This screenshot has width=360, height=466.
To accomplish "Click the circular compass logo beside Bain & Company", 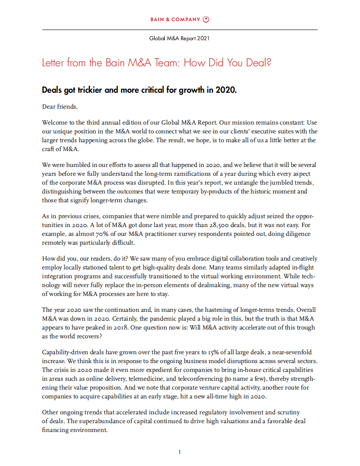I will tap(206, 19).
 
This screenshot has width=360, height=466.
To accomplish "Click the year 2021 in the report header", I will tap(204, 38).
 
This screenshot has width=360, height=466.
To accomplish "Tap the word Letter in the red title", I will tap(53, 63).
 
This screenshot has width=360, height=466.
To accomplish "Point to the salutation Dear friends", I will tap(59, 106).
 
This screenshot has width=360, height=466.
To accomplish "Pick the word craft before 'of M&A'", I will tap(49, 149).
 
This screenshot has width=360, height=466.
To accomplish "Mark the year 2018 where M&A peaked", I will tap(138, 327).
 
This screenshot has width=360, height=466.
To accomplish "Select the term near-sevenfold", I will tap(290, 352).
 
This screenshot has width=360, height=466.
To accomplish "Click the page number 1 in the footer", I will tap(180, 452).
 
